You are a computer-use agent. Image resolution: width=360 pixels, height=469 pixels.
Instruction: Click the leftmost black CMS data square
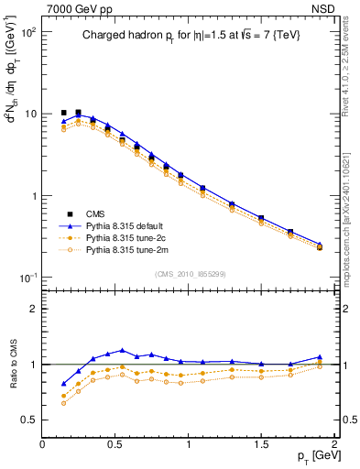coord(63,113)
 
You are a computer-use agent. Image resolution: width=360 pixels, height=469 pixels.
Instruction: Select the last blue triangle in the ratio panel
coord(320,357)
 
